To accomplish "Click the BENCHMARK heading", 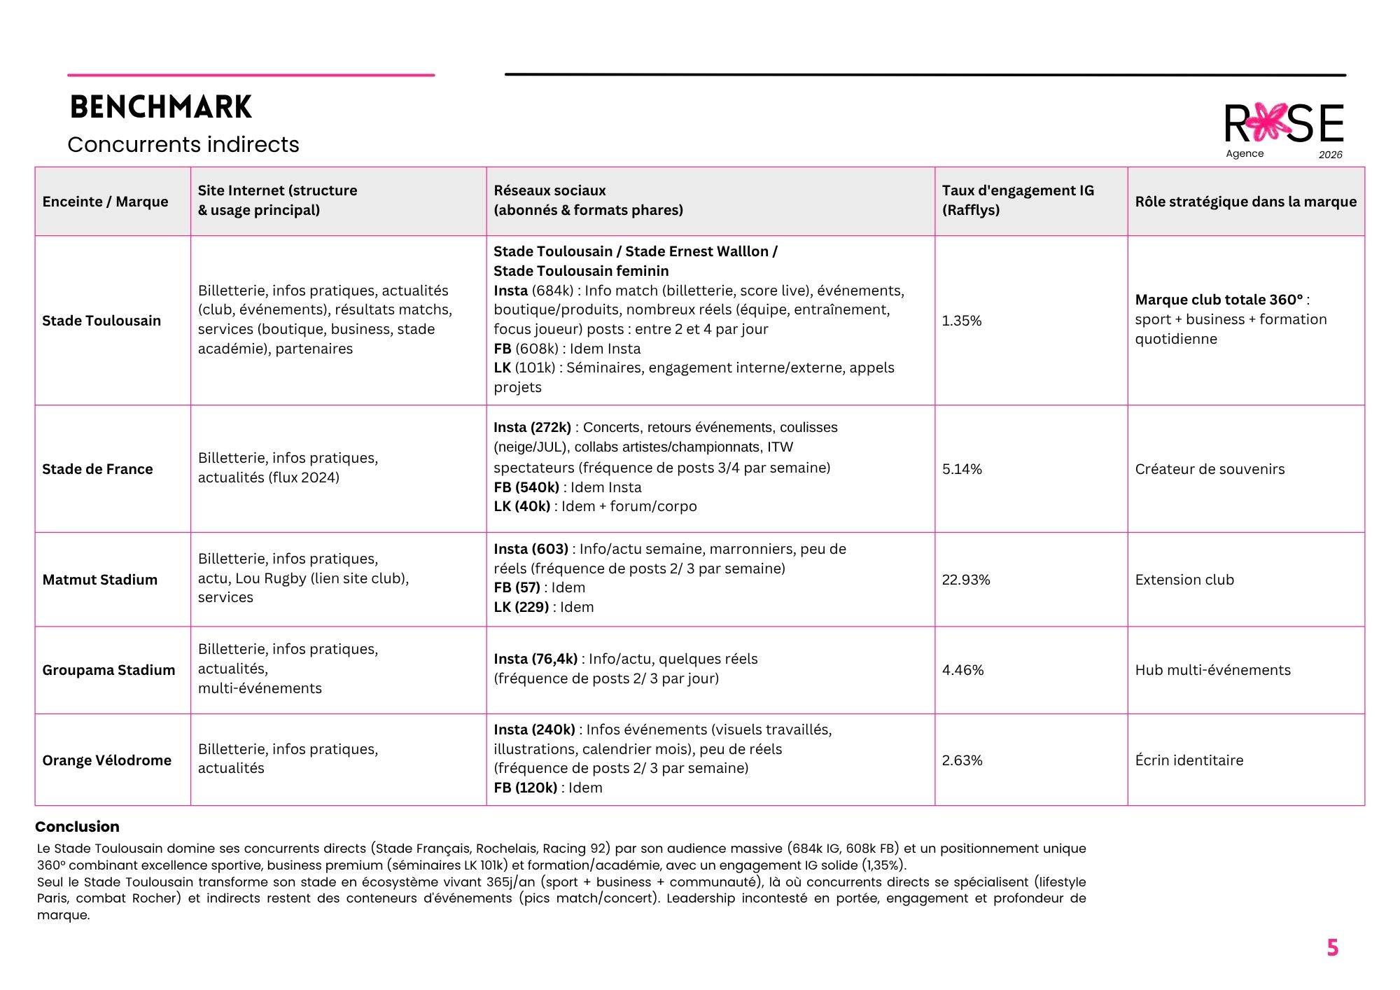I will pos(160,107).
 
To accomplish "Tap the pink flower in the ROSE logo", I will pos(1268,123).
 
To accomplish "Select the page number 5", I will pos(1332,948).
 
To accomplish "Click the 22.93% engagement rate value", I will pos(965,580).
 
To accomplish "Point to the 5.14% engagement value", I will pos(962,469).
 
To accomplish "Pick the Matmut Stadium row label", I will pos(99,580).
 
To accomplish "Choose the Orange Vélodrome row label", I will pos(106,760).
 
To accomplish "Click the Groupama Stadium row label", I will pos(108,670).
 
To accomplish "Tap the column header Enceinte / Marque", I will pos(105,202).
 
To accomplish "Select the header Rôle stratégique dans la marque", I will pos(1245,202).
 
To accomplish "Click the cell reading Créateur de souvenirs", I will pos(1210,469).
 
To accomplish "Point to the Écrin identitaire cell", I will pos(1189,760).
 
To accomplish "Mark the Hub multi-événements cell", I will pos(1212,670).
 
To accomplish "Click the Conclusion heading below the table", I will pos(77,826).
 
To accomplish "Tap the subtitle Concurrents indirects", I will pos(183,144).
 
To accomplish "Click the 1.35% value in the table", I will pos(961,321).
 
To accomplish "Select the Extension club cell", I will pos(1184,580).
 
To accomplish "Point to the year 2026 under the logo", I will pos(1330,155).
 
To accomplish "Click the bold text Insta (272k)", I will pos(532,427).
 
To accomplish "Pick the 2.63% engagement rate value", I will pos(962,760).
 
